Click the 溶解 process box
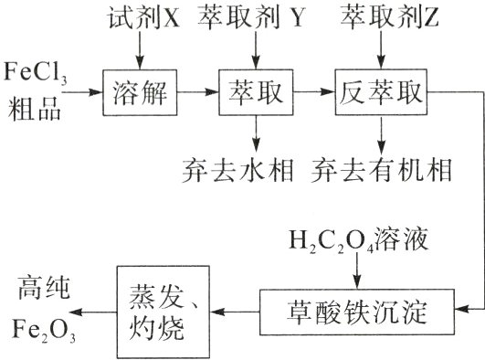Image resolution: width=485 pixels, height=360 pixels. click(137, 91)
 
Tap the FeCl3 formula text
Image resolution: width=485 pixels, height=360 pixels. click(36, 73)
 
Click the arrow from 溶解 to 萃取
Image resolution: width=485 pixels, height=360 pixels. click(199, 91)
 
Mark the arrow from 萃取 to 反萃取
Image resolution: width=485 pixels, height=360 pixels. click(315, 91)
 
